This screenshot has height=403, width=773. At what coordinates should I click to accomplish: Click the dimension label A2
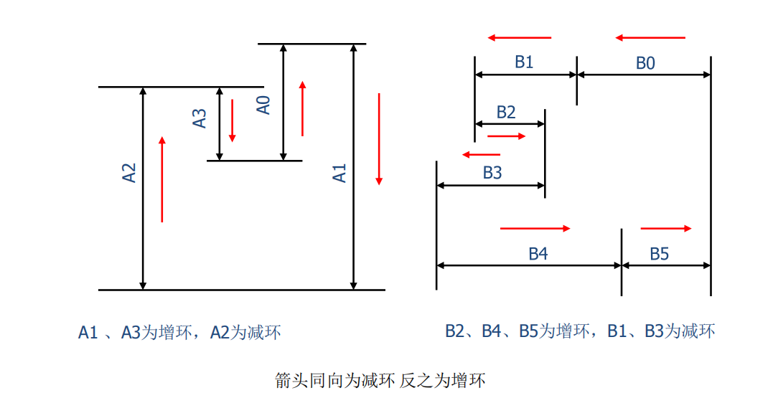coord(129,173)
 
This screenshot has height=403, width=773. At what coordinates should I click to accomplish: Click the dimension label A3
coord(200,118)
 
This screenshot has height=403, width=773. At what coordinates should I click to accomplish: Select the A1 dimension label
coord(339,173)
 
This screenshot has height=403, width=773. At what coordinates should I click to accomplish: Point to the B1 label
coord(524,62)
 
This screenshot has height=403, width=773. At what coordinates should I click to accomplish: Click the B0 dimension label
coord(645,64)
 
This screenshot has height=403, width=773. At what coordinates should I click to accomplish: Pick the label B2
coord(505,112)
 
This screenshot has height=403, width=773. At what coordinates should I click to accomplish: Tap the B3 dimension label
coord(492,173)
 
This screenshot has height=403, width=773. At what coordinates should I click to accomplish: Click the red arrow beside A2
coord(162,179)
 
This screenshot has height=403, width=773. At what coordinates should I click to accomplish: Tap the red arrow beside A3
coord(232,120)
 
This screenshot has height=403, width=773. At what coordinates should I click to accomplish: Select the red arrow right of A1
coord(379,138)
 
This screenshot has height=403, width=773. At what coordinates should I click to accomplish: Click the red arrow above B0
coord(650,37)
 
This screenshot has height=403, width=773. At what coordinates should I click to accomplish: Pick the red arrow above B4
coord(535,228)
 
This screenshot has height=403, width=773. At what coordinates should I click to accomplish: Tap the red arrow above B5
coord(666,228)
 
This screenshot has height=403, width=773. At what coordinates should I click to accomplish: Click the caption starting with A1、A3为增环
coord(179,332)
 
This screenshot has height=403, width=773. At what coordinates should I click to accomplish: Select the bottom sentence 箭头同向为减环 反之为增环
coord(380,380)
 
